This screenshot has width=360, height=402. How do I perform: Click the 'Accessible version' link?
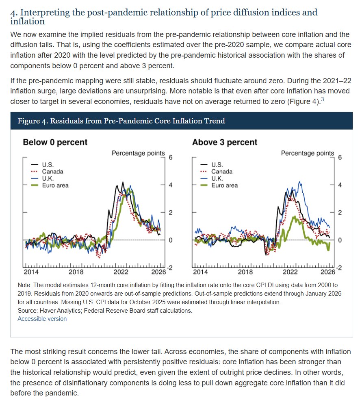pyautogui.click(x=42, y=319)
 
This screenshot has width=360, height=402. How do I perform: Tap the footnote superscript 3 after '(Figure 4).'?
pyautogui.click(x=322, y=99)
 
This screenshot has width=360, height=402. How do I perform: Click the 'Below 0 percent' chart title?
pyautogui.click(x=55, y=142)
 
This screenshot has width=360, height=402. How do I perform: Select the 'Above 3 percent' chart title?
pyautogui.click(x=224, y=142)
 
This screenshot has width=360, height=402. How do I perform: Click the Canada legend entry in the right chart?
pyautogui.click(x=222, y=171)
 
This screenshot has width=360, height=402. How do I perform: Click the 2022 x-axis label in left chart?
pyautogui.click(x=121, y=272)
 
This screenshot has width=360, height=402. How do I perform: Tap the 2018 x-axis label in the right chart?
pyautogui.click(x=245, y=272)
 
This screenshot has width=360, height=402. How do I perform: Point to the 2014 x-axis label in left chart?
pyautogui.click(x=31, y=272)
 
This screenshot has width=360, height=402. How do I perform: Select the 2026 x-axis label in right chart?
pyautogui.click(x=328, y=272)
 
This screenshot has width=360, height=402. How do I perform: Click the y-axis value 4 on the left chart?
pyautogui.click(x=171, y=185)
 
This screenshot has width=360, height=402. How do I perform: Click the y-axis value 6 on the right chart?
pyautogui.click(x=340, y=158)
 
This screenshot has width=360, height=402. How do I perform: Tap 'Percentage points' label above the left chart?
pyautogui.click(x=138, y=153)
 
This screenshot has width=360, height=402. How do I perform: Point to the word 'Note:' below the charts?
pyautogui.click(x=25, y=285)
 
